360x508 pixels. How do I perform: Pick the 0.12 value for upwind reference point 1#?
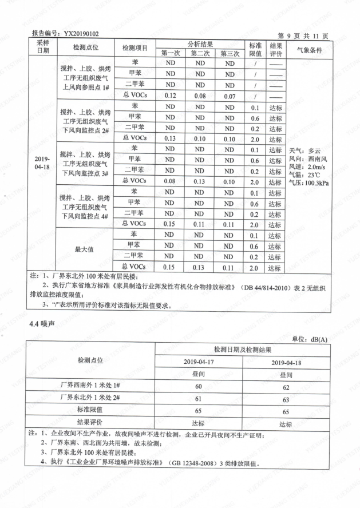[x=170, y=96]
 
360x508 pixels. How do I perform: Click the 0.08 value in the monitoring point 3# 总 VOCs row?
[x=170, y=181]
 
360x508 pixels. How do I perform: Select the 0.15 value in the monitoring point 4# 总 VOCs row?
[x=170, y=224]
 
